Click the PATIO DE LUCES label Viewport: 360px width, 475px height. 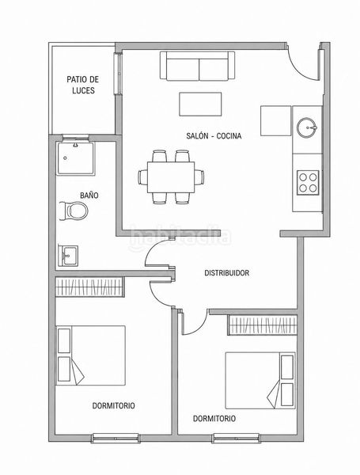pos(82,85)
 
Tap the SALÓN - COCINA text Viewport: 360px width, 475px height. pos(214,136)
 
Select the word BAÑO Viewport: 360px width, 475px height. pos(89,196)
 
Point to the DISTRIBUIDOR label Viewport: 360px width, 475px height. pos(227,273)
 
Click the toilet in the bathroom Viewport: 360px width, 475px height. pos(74,211)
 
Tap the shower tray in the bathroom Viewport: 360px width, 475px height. pos(76,158)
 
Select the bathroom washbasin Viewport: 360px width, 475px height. pos(68,256)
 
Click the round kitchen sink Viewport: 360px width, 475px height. pos(307,127)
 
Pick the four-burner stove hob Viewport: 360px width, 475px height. pos(308,183)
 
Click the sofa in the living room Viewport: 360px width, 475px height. pos(198,66)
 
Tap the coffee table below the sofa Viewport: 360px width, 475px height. pos(200,104)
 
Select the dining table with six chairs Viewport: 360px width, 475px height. pos(171,177)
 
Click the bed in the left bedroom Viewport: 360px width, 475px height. pos(91,355)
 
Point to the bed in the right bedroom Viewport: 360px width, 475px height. pos(260,380)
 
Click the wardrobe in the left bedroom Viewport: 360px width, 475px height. pos(89,287)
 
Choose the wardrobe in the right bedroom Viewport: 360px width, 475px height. pos(262,325)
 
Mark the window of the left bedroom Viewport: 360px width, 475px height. pos(116,438)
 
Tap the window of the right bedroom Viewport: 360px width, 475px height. pos(236,438)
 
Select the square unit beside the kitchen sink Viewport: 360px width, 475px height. pos(276,120)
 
